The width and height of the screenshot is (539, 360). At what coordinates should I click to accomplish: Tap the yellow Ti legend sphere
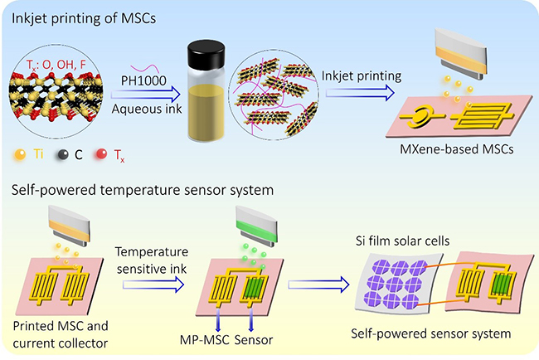tap(19, 155)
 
